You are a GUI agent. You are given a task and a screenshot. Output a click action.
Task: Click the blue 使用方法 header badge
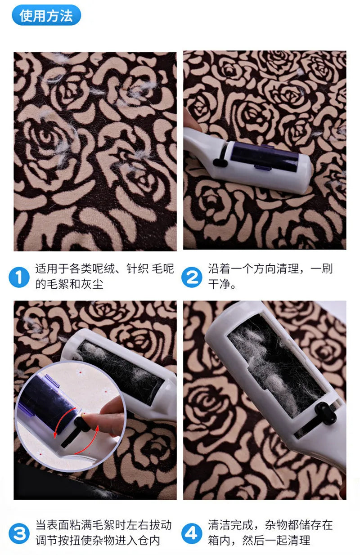pos(46,16)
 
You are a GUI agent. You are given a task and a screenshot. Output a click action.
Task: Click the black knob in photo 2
pos(219,162)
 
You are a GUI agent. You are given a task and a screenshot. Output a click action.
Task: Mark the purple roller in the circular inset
pos(43,400)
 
